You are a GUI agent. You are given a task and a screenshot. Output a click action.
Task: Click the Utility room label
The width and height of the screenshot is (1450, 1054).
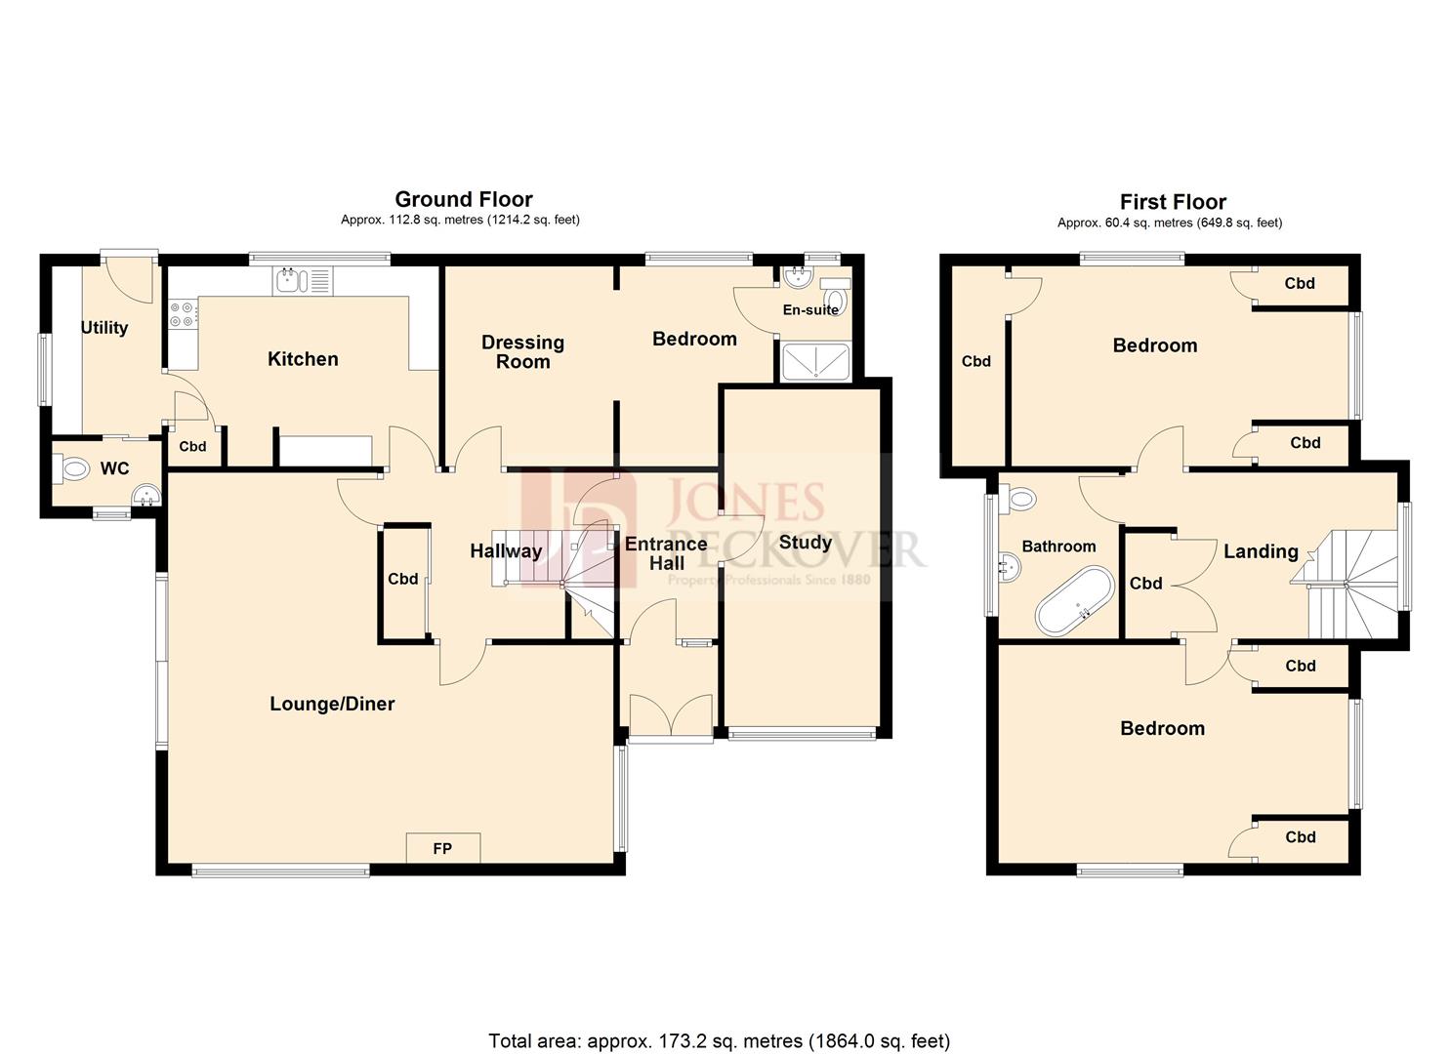104,328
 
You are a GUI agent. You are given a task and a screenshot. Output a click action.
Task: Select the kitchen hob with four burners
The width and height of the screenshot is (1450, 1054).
183,313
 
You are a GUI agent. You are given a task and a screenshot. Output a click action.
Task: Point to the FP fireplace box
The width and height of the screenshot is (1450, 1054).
442,848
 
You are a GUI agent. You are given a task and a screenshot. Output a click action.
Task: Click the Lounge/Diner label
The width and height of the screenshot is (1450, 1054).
332,704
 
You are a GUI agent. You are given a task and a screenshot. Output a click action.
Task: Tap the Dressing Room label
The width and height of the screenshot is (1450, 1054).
522,351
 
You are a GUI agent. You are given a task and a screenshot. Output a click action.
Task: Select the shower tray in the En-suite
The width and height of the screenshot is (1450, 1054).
815,361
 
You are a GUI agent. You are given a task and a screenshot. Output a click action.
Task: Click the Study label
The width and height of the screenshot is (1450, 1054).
806,543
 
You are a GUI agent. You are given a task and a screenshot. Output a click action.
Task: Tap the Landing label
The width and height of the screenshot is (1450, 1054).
1261,551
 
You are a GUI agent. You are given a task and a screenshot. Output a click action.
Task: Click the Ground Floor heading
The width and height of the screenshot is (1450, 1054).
463,200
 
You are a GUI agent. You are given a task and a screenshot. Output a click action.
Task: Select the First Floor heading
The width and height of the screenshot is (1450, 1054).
1173,202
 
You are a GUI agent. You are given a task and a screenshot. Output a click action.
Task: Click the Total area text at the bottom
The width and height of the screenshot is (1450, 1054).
719,1040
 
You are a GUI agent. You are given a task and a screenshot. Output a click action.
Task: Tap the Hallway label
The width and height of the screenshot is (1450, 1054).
506,551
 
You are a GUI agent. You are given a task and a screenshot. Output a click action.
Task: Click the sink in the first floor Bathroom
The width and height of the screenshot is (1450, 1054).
1009,567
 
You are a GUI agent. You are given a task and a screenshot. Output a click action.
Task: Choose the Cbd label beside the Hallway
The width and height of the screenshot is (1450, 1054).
402,579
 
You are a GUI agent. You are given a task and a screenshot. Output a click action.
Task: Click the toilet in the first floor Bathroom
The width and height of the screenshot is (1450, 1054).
1020,499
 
